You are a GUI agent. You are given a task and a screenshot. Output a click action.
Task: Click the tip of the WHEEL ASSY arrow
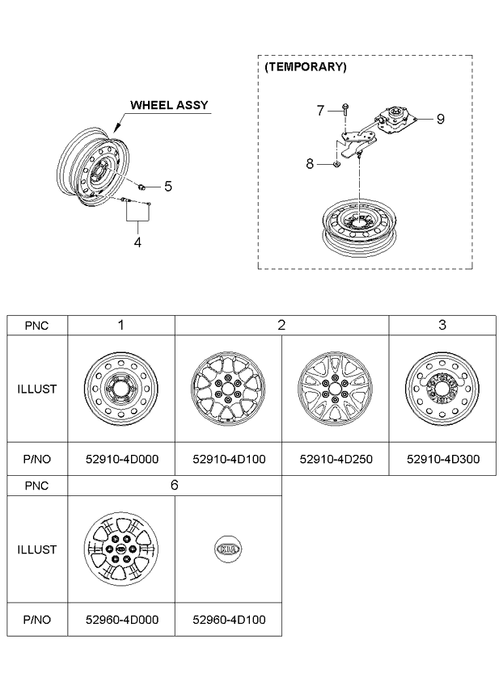pos(114,133)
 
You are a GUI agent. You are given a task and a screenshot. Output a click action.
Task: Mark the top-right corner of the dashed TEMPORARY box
pos(472,56)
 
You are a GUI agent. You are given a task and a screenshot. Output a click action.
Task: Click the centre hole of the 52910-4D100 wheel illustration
pos(228,389)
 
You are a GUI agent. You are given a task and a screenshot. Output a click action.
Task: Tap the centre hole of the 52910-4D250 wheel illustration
pos(335,389)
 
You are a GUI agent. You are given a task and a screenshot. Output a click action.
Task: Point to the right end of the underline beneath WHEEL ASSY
pos(211,113)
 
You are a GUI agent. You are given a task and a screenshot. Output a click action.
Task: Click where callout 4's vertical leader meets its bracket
pos(137,221)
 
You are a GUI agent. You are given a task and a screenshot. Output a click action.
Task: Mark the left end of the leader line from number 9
pos(416,119)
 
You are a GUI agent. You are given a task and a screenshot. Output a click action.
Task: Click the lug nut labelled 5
pos(141,187)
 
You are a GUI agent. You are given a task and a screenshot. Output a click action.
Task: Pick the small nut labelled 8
pos(336,164)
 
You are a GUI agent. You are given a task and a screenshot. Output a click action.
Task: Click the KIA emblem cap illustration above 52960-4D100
pos(228,549)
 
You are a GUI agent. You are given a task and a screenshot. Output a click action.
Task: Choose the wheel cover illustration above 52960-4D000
pos(120,549)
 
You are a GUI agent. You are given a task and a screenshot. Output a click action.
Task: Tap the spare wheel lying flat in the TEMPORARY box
pos(359,228)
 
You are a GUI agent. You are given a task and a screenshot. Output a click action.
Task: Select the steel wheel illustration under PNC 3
pos(442,389)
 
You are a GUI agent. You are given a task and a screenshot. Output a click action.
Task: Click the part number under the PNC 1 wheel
pos(122,459)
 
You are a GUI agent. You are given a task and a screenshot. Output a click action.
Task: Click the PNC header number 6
pos(174,485)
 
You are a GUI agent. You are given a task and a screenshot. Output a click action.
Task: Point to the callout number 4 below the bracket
pos(137,242)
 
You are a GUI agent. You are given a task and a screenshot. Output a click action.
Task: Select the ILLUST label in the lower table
pos(37,549)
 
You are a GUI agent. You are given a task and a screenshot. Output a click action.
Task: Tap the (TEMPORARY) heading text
pos(306,67)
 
